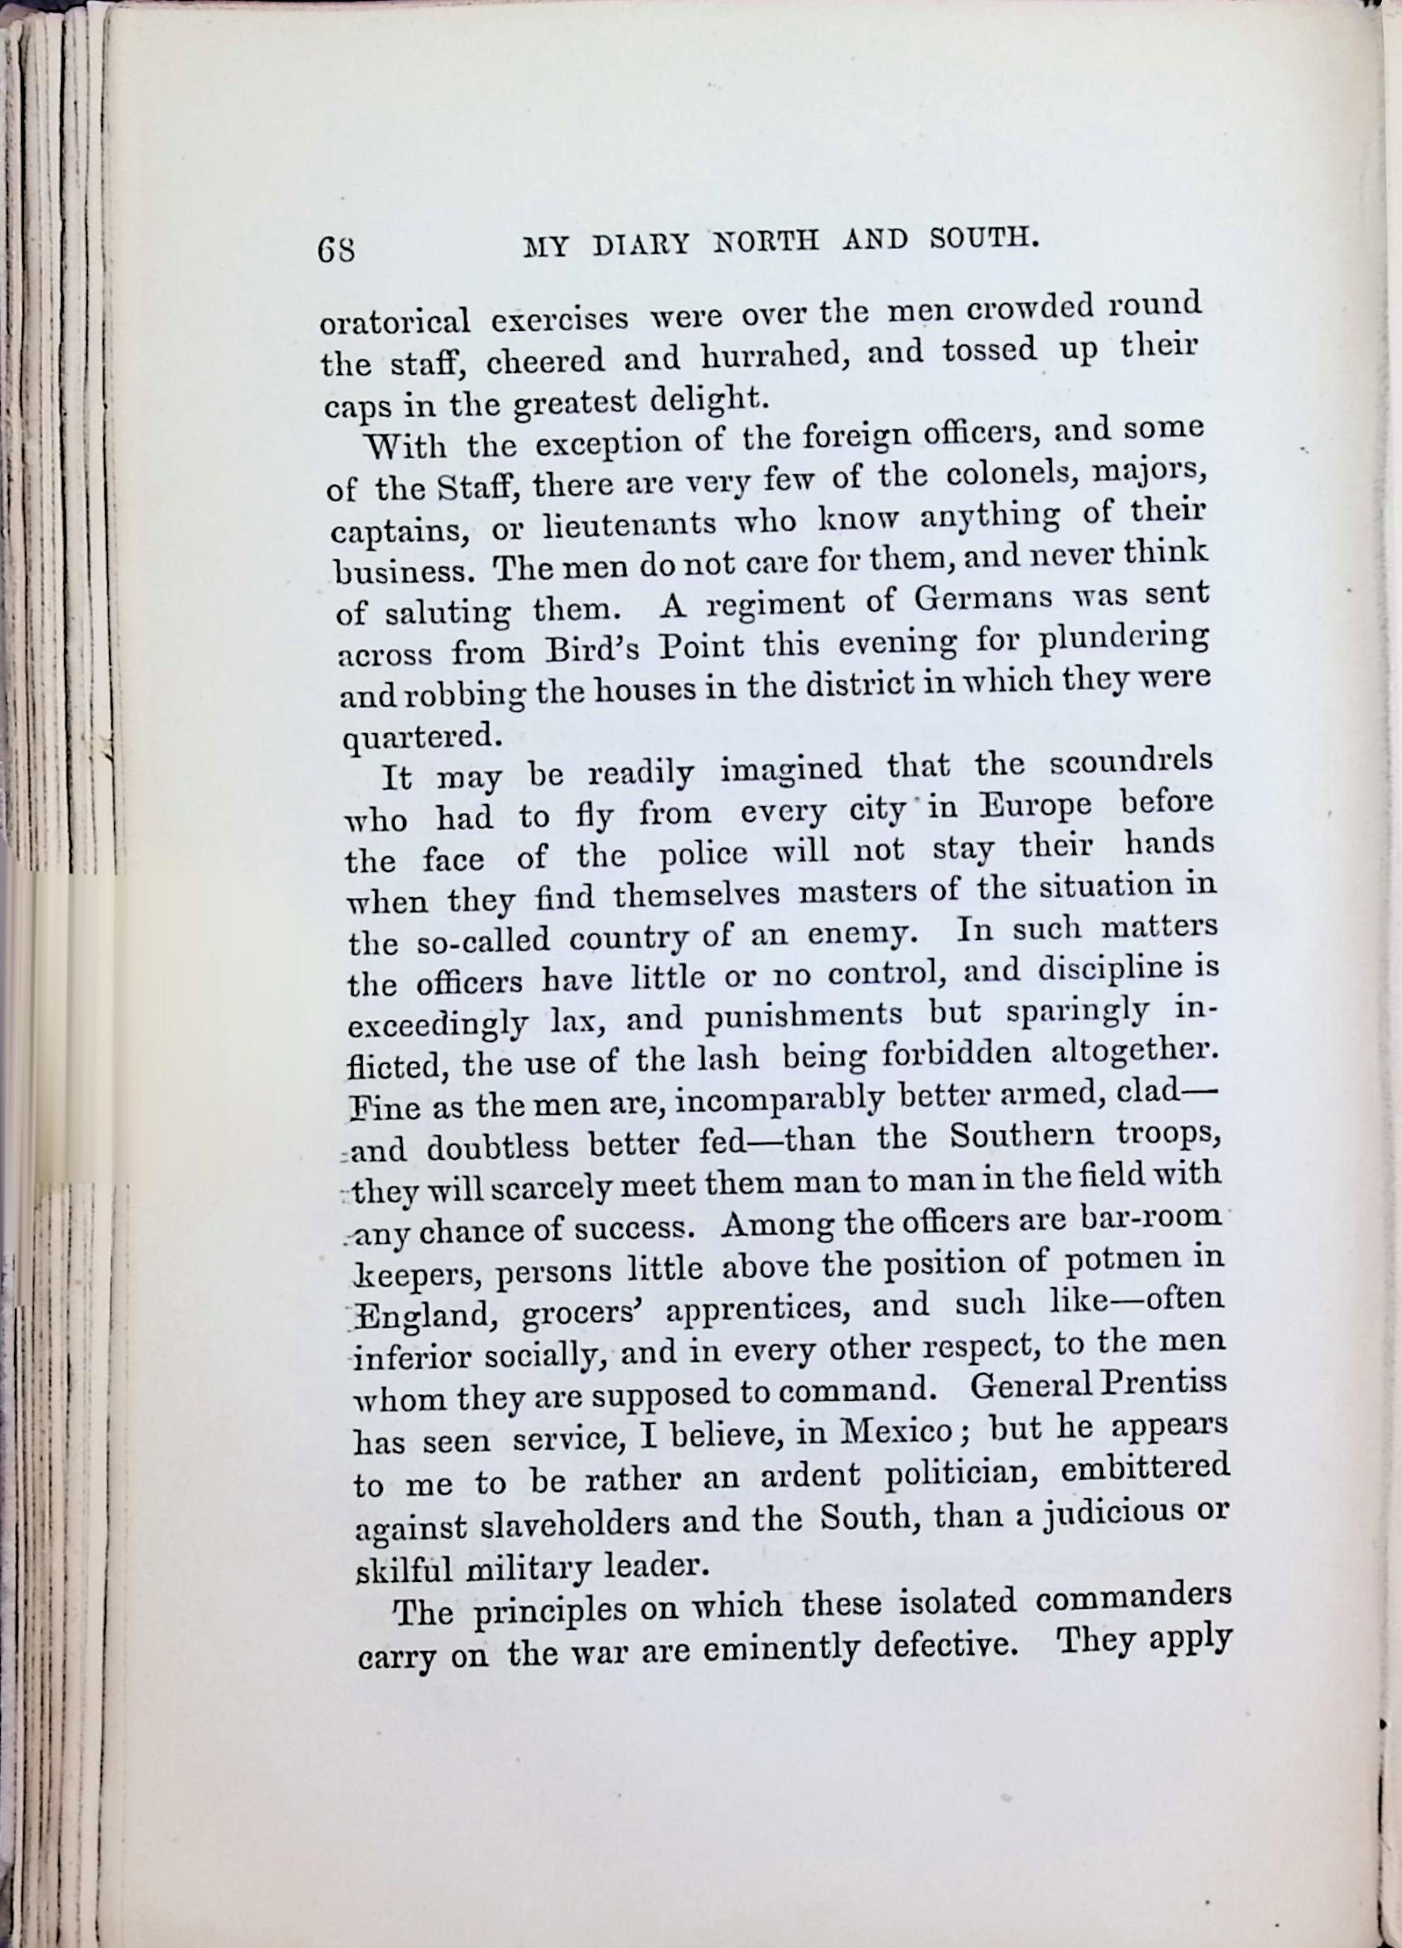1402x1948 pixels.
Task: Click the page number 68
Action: coord(337,250)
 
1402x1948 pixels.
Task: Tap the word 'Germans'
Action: coord(983,599)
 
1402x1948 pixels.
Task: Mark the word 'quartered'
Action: coord(421,737)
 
